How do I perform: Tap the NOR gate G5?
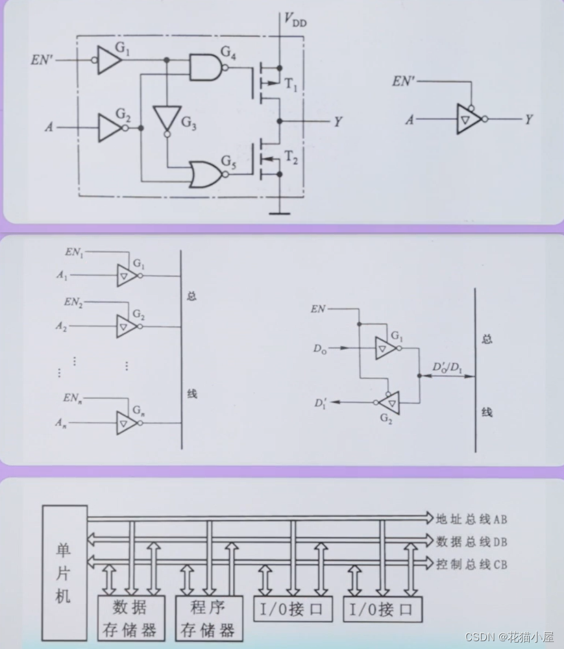(204, 175)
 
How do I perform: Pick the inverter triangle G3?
(167, 118)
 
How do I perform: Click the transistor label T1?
(291, 83)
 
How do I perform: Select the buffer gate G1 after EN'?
(109, 60)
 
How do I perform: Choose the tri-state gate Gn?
(127, 423)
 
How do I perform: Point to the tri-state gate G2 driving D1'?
(389, 402)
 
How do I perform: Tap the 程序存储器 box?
(208, 618)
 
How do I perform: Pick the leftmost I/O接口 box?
(292, 609)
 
